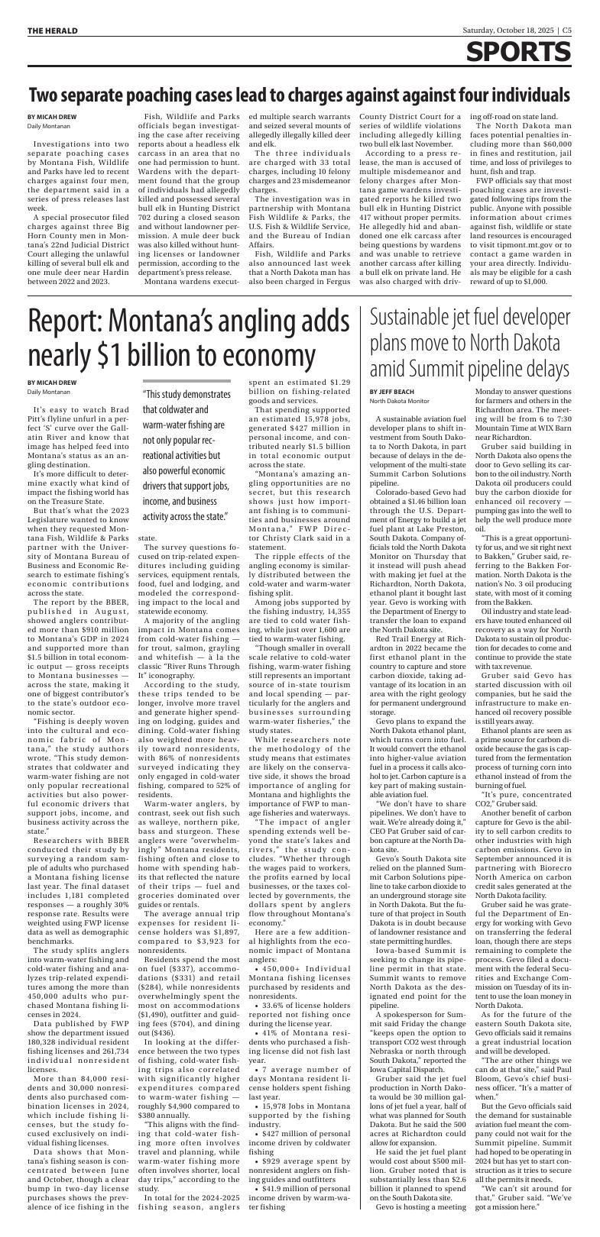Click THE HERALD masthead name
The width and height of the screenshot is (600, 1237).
[53, 31]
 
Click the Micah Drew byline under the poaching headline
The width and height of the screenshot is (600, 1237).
[52, 117]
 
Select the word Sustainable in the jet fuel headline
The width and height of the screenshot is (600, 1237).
[417, 316]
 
